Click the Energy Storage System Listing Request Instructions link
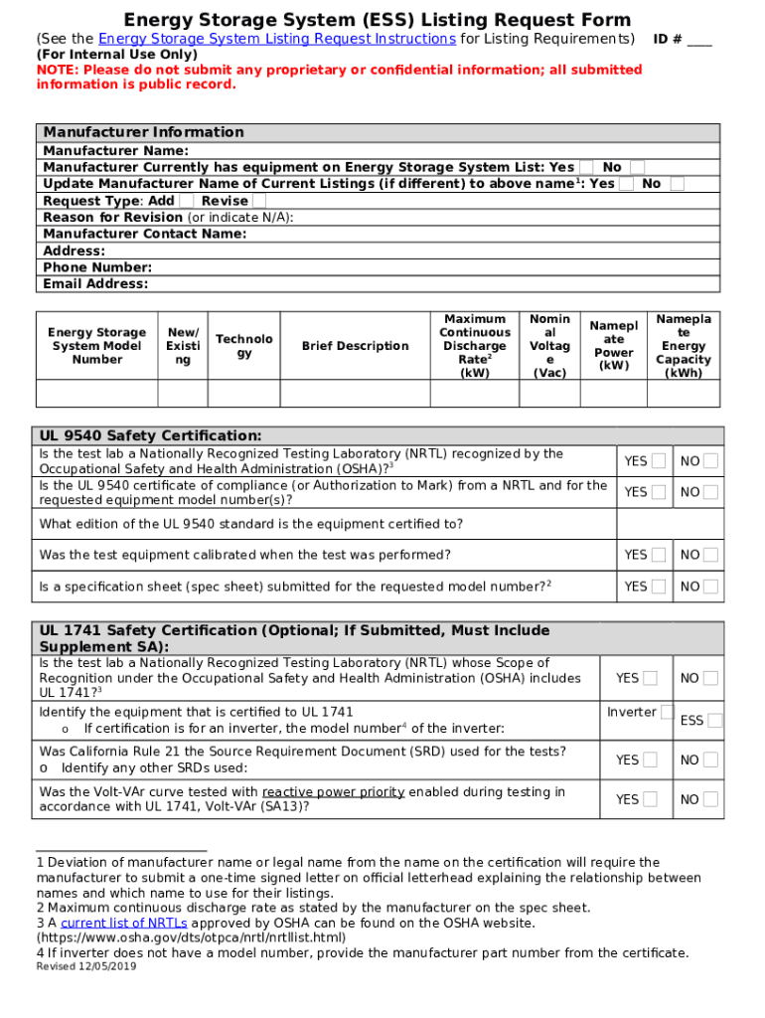277,39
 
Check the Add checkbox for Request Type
187,201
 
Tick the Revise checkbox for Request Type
259,201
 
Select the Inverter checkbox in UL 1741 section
667,712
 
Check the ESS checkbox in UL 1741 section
714,721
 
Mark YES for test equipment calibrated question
659,555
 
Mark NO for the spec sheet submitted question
710,587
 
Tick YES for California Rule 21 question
650,760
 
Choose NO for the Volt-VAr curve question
710,799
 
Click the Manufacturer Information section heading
143,132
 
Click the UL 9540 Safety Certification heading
150,435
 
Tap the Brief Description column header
355,346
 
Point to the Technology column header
244,346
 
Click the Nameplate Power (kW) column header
613,346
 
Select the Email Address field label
95,284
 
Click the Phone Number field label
97,267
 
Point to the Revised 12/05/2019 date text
86,967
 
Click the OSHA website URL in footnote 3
191,937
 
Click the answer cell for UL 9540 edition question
671,524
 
